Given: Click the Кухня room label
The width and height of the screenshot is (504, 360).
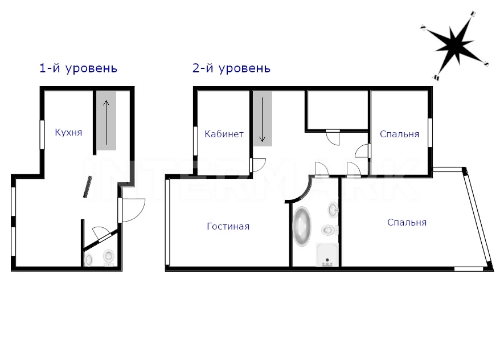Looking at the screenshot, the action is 68,132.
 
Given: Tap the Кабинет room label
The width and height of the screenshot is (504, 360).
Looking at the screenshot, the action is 224,134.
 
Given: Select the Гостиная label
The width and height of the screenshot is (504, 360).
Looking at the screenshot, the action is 228,226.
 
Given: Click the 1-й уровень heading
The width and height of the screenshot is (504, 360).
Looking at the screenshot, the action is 78,68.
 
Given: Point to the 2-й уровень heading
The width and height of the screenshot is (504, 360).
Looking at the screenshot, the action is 231,68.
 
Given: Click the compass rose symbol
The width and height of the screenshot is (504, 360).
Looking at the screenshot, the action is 455,46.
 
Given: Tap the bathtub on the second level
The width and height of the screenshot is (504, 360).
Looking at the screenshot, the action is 302,226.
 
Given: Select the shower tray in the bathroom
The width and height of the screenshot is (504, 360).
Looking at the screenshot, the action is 327,255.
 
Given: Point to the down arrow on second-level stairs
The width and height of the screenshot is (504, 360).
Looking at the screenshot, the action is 263,120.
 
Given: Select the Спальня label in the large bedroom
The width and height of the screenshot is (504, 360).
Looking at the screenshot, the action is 407,222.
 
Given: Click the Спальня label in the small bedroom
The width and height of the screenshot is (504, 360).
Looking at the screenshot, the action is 400,134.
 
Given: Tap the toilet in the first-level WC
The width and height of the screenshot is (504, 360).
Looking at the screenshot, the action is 109,258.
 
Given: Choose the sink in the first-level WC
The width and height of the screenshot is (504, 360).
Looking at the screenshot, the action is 88,260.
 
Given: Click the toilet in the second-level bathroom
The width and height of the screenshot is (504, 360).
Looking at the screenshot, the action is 329,230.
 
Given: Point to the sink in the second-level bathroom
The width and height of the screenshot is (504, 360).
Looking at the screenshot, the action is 333,210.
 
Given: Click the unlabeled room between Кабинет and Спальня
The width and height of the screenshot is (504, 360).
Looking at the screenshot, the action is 338,110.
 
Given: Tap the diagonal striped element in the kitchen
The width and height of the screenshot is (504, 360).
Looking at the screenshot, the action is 88,187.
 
